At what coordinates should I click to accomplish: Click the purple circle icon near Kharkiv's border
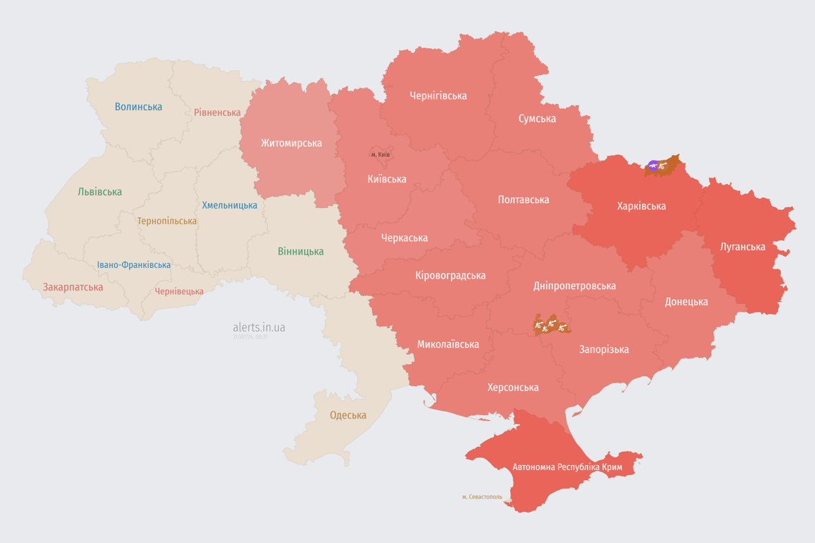(653, 165)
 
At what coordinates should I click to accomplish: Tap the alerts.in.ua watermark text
(259, 327)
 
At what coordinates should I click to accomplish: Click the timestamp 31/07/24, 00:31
(250, 337)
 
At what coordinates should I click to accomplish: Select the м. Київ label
(381, 154)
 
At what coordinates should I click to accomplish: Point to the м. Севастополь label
(482, 497)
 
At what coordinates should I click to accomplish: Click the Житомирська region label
(291, 143)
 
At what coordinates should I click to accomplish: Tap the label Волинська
(139, 107)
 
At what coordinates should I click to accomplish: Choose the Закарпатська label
(73, 287)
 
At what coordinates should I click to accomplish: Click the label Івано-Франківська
(134, 265)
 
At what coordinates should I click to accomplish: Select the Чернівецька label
(179, 291)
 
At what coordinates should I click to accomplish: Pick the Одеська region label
(348, 415)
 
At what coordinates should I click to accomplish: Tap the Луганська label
(743, 247)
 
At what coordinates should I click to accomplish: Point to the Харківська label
(641, 206)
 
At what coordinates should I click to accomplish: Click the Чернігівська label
(438, 95)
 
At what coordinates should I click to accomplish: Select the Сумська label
(537, 118)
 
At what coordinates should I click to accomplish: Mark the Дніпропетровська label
(574, 286)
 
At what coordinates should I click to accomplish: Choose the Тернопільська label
(167, 221)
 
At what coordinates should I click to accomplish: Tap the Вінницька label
(301, 251)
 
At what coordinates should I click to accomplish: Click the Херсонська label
(513, 387)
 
